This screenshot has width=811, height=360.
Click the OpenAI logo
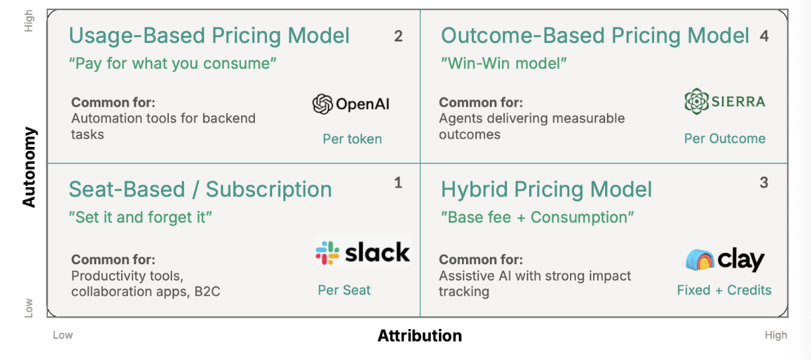(x=351, y=104)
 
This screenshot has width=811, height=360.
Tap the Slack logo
(x=362, y=252)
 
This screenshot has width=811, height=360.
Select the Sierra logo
(x=724, y=101)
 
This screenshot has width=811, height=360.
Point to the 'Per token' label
(x=352, y=139)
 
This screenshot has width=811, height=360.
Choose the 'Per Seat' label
(x=344, y=290)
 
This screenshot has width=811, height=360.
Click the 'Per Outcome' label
(x=724, y=138)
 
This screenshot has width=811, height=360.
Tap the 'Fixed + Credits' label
(x=724, y=290)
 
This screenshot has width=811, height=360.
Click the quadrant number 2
(x=398, y=36)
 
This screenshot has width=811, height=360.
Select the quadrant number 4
(x=764, y=36)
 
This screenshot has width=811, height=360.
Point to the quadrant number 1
(x=398, y=183)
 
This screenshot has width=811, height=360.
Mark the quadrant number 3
(x=764, y=183)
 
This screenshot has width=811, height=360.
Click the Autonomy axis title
(x=29, y=167)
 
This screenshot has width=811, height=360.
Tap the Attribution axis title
(x=420, y=336)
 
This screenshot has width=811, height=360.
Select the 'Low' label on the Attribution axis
(x=63, y=335)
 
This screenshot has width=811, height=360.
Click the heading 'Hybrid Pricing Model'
(x=546, y=189)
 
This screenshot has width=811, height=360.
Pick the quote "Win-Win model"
(x=504, y=64)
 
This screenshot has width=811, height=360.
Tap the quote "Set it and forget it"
(x=140, y=217)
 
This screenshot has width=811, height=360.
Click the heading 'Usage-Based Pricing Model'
(x=209, y=36)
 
